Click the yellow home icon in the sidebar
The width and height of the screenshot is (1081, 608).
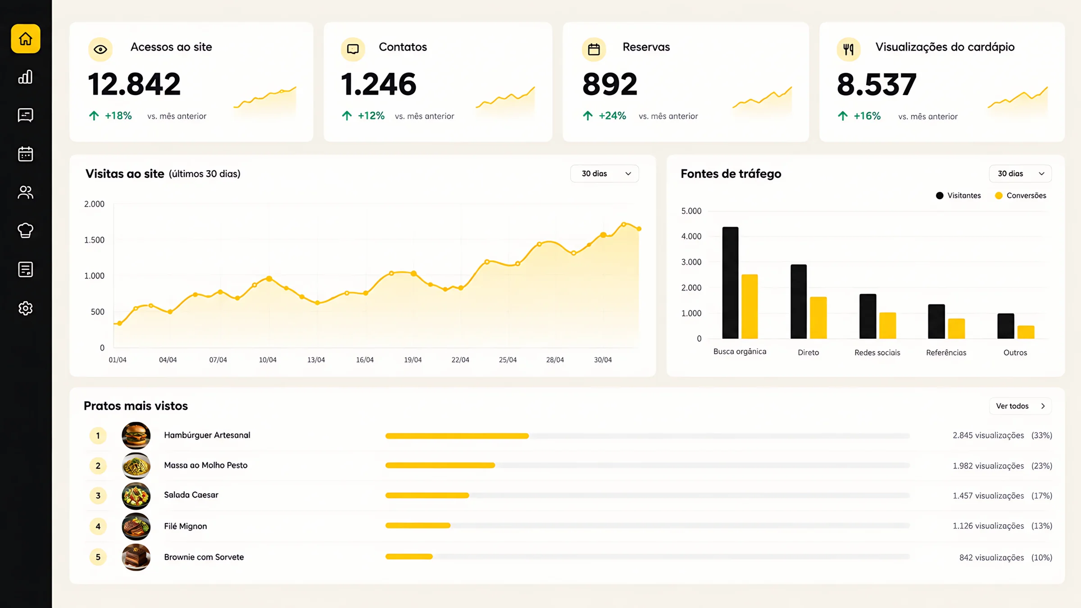(26, 39)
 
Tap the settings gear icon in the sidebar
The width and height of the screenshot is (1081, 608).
(26, 308)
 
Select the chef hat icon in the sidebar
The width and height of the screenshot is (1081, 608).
(26, 231)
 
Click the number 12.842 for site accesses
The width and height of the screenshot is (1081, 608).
(134, 84)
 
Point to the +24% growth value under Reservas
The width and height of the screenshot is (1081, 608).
(612, 116)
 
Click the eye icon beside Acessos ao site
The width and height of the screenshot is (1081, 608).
(100, 49)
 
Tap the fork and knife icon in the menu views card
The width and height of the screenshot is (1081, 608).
(849, 49)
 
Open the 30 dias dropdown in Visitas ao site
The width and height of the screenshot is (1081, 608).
(604, 174)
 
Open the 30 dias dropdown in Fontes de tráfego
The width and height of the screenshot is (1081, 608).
(1020, 174)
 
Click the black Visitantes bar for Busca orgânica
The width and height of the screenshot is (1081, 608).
(730, 283)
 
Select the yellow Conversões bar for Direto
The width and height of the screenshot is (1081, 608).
(818, 318)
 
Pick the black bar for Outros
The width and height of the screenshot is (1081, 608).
(1006, 326)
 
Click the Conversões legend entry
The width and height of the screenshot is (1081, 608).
(1021, 195)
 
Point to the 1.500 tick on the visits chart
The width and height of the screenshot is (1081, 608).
(94, 240)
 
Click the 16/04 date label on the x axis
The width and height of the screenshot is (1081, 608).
(365, 360)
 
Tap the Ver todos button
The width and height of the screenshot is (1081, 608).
(1020, 406)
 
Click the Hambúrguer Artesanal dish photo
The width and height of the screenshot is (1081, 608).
(136, 436)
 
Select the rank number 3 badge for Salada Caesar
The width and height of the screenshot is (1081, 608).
(98, 496)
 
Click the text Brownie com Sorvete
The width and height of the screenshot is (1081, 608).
(204, 557)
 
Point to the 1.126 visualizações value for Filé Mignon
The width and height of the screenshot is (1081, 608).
(988, 526)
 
